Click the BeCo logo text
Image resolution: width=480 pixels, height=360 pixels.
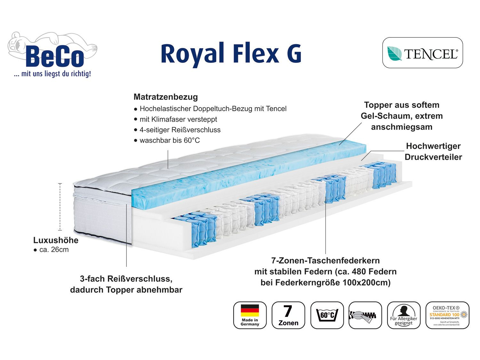[55, 57]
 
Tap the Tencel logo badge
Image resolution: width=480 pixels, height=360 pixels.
[422, 53]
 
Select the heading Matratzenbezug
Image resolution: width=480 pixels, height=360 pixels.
[165, 97]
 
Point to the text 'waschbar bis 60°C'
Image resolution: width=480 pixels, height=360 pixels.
[169, 140]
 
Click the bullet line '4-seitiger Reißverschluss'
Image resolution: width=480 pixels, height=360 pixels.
[180, 130]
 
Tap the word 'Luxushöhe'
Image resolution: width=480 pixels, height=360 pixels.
[56, 240]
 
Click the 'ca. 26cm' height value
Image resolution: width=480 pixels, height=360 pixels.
[53, 250]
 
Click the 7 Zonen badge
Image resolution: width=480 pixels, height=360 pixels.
[288, 315]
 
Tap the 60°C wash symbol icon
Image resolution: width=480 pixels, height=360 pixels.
[327, 315]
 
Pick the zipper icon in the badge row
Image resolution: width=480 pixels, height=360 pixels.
[365, 315]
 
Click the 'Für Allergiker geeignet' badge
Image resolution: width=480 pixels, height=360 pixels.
[404, 315]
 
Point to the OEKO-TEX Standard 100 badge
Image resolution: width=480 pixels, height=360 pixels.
[447, 315]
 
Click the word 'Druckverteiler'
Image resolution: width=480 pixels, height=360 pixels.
[433, 157]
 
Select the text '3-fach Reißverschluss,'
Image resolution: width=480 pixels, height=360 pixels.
[126, 279]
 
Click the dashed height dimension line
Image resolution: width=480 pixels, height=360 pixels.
[60, 207]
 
